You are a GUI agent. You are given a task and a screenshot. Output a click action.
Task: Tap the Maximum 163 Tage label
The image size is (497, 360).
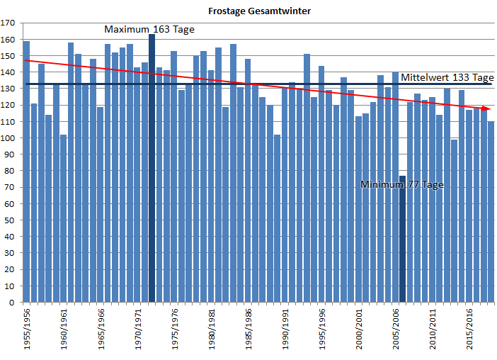click(149, 30)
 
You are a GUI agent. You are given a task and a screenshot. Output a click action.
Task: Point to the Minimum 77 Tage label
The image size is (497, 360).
click(401, 184)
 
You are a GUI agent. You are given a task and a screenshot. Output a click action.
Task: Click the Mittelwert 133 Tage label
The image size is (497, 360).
click(447, 77)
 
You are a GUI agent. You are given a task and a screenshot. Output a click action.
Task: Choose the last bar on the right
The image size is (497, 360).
click(491, 213)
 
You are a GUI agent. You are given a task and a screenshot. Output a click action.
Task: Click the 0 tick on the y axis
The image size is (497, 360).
click(13, 303)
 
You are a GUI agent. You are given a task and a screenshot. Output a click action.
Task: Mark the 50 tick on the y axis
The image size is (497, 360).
click(10, 220)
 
